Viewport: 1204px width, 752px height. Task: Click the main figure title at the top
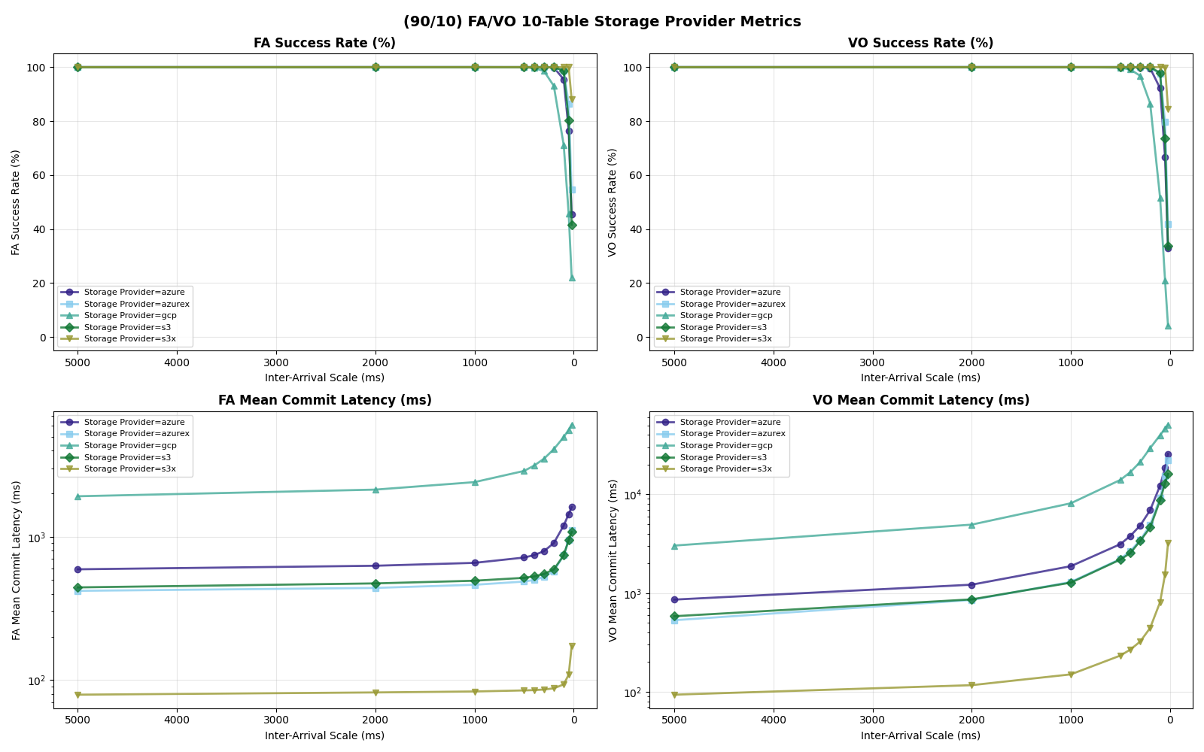coord(602,21)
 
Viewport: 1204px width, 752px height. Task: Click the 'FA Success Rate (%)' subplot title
coord(324,43)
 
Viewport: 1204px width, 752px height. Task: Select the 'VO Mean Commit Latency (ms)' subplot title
coord(920,400)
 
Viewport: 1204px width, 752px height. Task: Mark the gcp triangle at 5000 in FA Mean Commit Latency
coord(78,496)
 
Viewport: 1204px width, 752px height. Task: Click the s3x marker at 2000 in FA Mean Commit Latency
coord(375,693)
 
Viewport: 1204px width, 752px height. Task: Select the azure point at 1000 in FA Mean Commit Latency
coord(475,562)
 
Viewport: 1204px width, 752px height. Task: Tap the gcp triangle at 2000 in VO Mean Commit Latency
coord(971,525)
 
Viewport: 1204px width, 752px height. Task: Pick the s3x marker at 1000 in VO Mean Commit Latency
coord(1071,675)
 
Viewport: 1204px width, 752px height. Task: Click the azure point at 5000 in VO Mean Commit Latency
coord(674,599)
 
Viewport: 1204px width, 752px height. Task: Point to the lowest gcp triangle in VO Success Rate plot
coord(1168,326)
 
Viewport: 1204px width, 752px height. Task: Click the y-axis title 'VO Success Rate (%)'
coord(612,202)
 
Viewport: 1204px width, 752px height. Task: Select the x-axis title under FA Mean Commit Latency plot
coord(324,735)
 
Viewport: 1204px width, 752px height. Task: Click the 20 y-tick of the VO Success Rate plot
coord(638,284)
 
